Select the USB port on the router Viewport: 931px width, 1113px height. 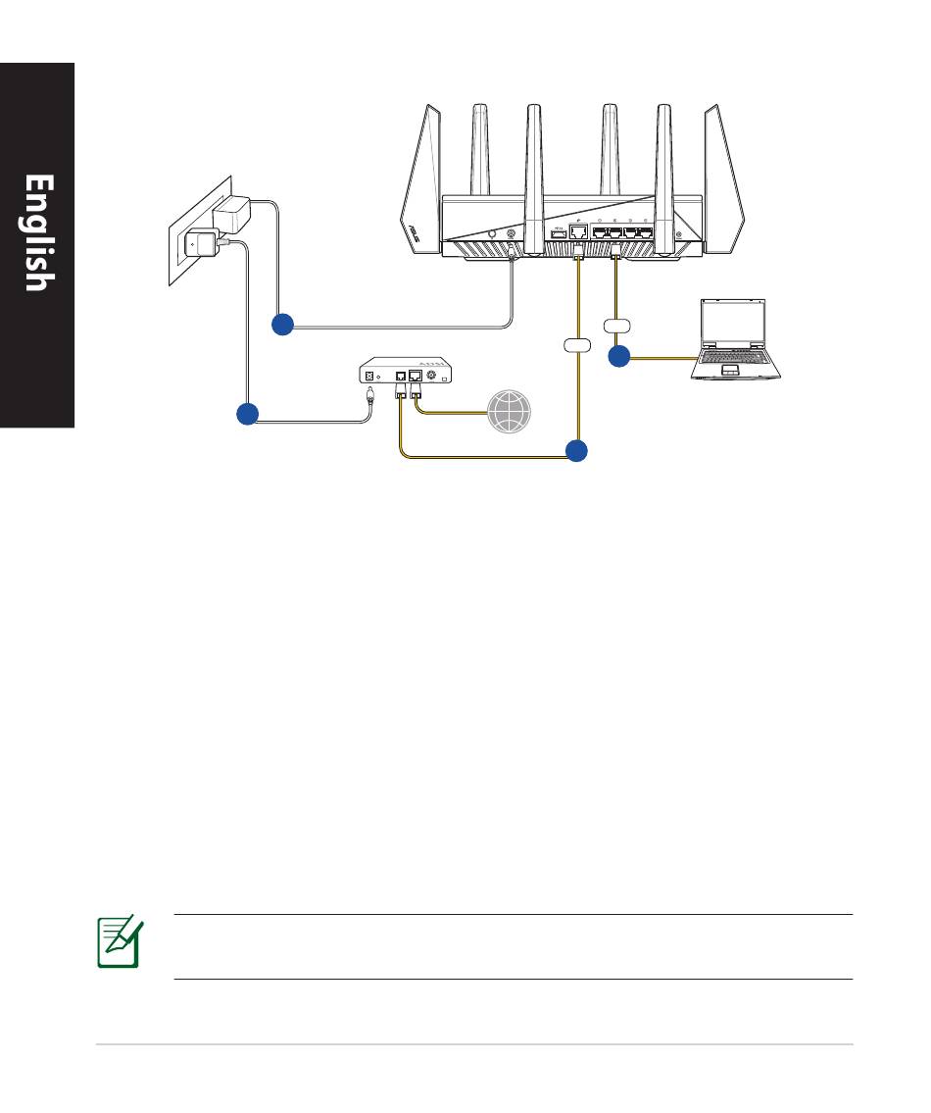point(558,234)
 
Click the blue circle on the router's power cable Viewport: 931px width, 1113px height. point(282,326)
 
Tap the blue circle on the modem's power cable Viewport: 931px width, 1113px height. point(247,415)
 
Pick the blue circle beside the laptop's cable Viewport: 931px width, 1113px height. point(618,357)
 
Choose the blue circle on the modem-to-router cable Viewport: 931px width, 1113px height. point(577,451)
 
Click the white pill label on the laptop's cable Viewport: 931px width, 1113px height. point(616,325)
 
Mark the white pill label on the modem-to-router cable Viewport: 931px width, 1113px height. point(577,345)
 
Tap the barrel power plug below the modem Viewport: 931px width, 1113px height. point(370,397)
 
